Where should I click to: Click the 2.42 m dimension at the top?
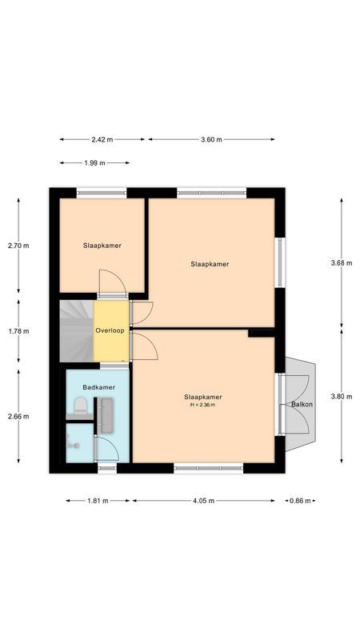coord(102,139)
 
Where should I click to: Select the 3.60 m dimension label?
coord(211,139)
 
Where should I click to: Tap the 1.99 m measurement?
coord(94,163)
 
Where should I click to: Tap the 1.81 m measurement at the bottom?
coord(98,501)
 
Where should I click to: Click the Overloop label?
coord(110,330)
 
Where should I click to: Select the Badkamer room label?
coord(98,387)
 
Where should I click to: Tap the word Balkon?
coord(302,404)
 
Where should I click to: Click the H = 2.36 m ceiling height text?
coord(202,406)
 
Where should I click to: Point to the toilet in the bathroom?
coord(78,409)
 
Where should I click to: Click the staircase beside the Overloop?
coord(76,330)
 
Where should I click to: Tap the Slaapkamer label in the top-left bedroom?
coord(102,246)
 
